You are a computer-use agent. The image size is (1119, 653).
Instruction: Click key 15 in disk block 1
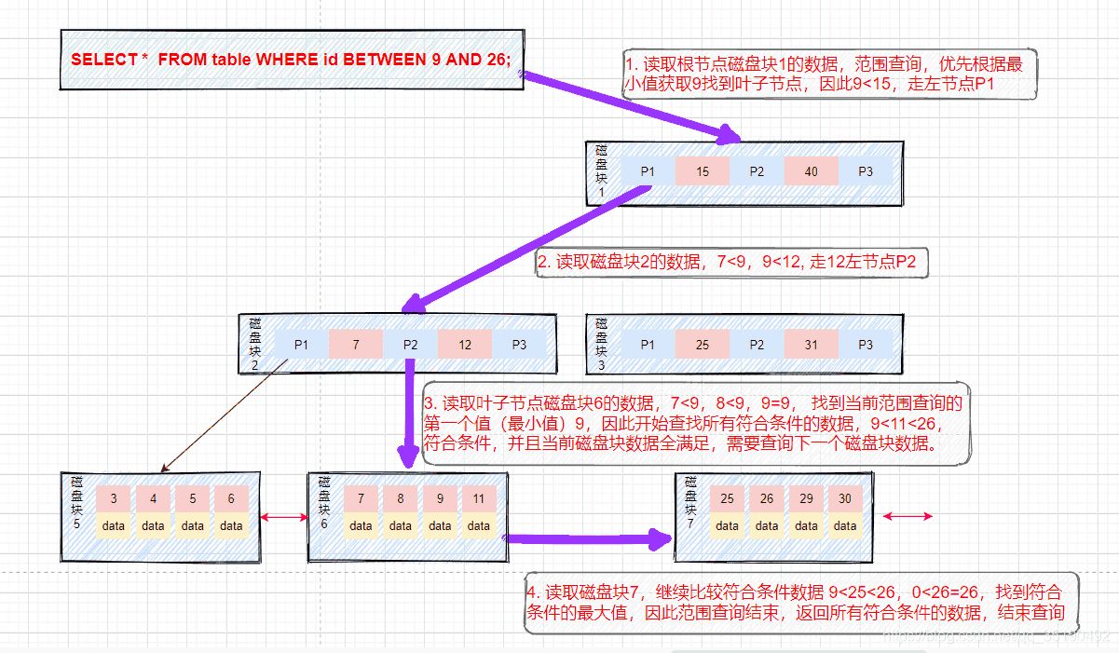click(703, 171)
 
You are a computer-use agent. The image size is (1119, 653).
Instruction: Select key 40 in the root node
click(811, 171)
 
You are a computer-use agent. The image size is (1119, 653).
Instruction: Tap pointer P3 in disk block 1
click(865, 171)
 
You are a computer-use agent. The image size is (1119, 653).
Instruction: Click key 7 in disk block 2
click(355, 344)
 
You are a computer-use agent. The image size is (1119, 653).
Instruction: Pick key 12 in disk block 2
click(464, 344)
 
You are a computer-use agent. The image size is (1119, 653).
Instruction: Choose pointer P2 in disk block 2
click(410, 344)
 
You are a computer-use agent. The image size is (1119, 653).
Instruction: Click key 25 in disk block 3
click(703, 344)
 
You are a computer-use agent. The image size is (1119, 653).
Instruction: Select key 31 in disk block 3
click(811, 344)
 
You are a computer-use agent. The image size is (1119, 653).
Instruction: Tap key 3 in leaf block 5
click(114, 498)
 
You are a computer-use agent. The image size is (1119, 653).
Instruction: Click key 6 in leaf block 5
click(231, 498)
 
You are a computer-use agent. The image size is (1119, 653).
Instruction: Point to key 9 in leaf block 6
click(440, 498)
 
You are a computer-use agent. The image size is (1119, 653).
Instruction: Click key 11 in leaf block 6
click(479, 498)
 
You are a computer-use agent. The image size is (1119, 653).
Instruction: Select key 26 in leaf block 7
click(767, 498)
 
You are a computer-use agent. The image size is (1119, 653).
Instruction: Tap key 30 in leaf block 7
click(845, 498)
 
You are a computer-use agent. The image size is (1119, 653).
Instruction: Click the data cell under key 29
click(806, 525)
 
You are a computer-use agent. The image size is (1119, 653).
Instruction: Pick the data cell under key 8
click(401, 525)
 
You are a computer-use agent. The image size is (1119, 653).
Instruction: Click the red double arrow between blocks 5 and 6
click(284, 516)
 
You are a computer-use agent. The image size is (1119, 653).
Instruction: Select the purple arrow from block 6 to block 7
click(587, 537)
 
